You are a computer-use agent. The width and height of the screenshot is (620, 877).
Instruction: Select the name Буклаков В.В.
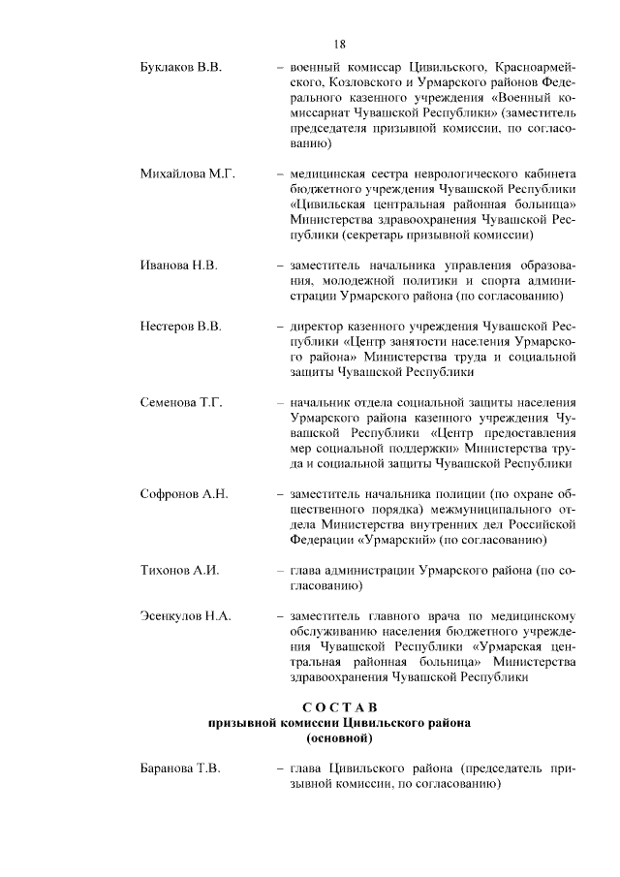[x=181, y=69]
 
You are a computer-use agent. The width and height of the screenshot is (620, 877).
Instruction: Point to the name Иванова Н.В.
[x=179, y=265]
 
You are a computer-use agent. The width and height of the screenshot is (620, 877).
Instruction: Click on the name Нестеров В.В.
[x=181, y=326]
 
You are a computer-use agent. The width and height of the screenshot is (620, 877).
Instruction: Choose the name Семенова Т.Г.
[x=182, y=402]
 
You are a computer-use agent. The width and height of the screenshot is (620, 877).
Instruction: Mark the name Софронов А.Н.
[x=184, y=494]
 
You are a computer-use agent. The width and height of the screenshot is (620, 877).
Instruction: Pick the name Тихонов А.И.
[x=180, y=571]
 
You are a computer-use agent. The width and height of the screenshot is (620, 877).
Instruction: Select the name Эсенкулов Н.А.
[x=186, y=616]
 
